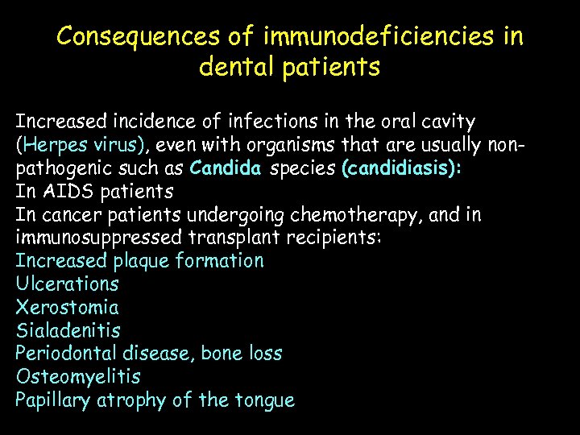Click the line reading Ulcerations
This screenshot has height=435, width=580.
[67, 284]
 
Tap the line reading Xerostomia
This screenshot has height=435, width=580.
[67, 307]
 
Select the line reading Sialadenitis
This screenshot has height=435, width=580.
[68, 330]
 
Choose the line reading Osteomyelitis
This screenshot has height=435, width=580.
[77, 376]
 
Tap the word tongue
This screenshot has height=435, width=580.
[265, 400]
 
